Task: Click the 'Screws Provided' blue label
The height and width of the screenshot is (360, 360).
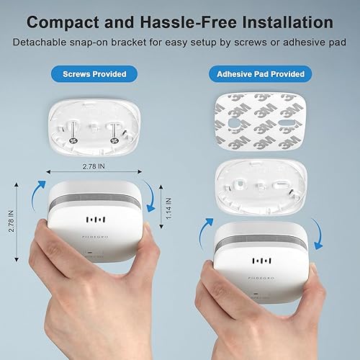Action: (95, 74)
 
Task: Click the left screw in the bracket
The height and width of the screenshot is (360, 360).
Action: (74, 129)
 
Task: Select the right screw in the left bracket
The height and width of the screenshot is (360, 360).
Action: (114, 129)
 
